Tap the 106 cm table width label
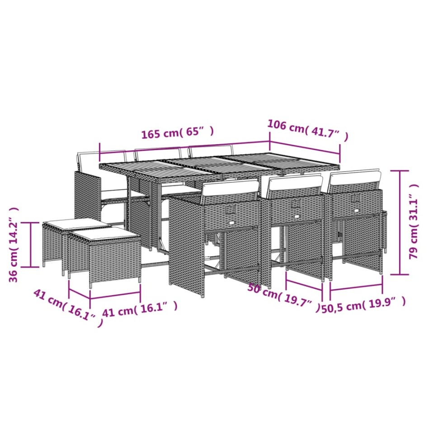coord(308,130)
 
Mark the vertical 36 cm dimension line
coord(30,244)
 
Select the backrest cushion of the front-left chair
coord(230,189)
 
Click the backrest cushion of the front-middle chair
coord(294,184)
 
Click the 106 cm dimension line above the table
coord(305,147)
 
